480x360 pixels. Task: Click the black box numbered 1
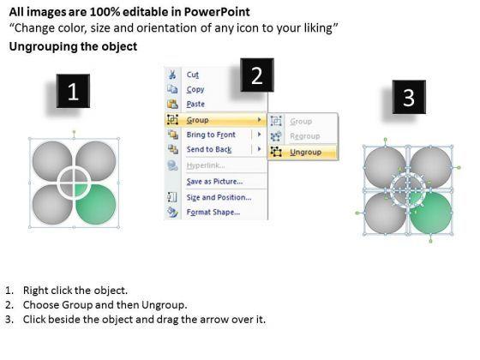(x=73, y=91)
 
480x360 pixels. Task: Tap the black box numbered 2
(x=257, y=75)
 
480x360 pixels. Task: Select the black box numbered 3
(x=409, y=97)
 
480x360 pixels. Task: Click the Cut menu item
(x=193, y=75)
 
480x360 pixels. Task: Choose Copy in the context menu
(x=195, y=89)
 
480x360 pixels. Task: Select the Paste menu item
(x=195, y=104)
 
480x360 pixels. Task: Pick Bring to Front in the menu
(x=211, y=135)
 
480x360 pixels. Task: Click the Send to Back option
(x=209, y=149)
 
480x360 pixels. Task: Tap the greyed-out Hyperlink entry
(x=206, y=165)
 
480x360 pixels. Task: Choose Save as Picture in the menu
(x=214, y=182)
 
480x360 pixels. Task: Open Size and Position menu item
(x=219, y=197)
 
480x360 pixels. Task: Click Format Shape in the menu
(x=213, y=213)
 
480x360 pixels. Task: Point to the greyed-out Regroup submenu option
(x=305, y=136)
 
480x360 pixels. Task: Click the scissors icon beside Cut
(x=172, y=75)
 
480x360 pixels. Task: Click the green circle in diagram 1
(x=96, y=204)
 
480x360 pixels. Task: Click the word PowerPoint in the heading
(x=217, y=12)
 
